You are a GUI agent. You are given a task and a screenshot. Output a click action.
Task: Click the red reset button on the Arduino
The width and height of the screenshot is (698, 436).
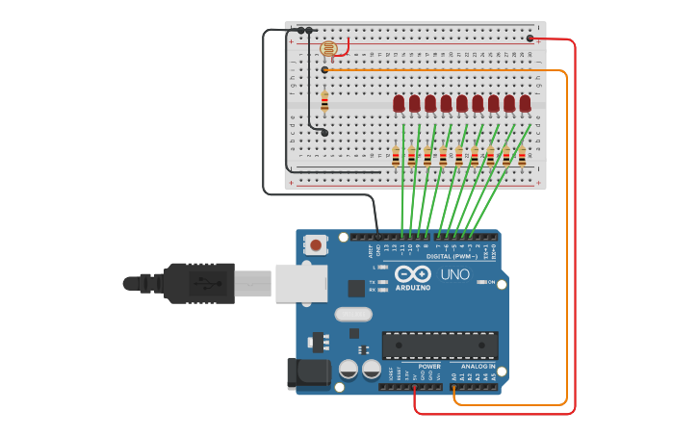(315, 245)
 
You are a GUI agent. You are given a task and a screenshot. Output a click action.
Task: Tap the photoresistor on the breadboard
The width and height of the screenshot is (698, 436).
(328, 48)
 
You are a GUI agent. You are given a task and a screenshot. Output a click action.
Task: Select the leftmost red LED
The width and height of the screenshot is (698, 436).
(399, 103)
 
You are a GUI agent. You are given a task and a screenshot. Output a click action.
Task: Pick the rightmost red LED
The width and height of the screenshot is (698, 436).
(525, 103)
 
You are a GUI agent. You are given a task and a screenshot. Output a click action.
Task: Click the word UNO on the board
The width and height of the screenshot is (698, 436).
(454, 274)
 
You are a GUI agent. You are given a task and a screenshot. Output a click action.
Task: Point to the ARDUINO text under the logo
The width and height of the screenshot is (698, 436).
(413, 288)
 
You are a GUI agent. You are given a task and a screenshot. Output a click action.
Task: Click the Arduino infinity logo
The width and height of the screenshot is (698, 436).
(413, 273)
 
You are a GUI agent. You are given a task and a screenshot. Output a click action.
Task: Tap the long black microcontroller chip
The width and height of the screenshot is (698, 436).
(440, 345)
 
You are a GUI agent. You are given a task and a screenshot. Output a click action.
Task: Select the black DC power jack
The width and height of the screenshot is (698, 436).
(306, 373)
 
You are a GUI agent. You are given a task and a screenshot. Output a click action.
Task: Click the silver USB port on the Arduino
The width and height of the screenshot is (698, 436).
(300, 283)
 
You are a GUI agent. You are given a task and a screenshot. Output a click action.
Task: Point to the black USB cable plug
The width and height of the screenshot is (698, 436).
(198, 283)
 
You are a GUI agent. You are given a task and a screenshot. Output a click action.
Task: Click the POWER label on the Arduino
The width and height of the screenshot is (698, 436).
(429, 367)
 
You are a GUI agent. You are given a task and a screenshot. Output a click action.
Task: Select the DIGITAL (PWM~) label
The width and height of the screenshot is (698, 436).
(452, 257)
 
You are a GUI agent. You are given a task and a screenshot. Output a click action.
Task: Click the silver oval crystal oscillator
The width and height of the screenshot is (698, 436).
(352, 314)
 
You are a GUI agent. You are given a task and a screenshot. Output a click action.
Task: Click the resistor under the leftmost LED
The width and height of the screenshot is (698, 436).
(396, 156)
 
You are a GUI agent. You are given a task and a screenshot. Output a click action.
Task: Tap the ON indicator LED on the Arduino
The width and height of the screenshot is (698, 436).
(481, 282)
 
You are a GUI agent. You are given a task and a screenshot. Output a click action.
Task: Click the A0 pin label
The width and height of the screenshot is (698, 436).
(454, 376)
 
